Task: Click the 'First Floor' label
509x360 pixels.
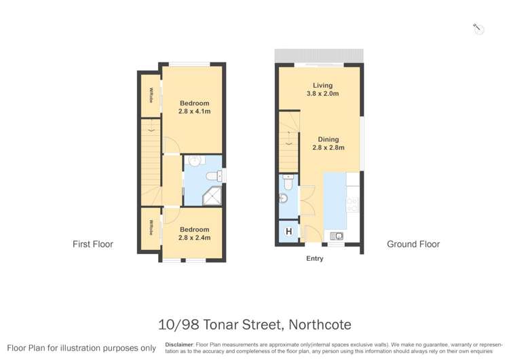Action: [x=93, y=244]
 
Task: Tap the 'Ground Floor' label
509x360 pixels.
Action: [x=413, y=244]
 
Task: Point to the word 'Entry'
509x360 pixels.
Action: [x=315, y=258]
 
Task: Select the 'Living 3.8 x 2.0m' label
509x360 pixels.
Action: [x=322, y=90]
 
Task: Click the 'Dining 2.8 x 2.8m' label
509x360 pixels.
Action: [x=328, y=143]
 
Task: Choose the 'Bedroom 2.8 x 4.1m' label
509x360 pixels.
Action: [x=194, y=107]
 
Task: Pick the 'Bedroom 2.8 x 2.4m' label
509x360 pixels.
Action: [x=194, y=234]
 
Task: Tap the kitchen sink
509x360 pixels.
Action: [x=336, y=236]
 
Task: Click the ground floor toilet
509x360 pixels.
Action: [x=289, y=182]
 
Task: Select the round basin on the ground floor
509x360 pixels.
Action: [x=284, y=198]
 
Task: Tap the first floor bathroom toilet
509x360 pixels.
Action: [x=214, y=176]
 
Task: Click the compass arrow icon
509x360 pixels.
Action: [x=477, y=28]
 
